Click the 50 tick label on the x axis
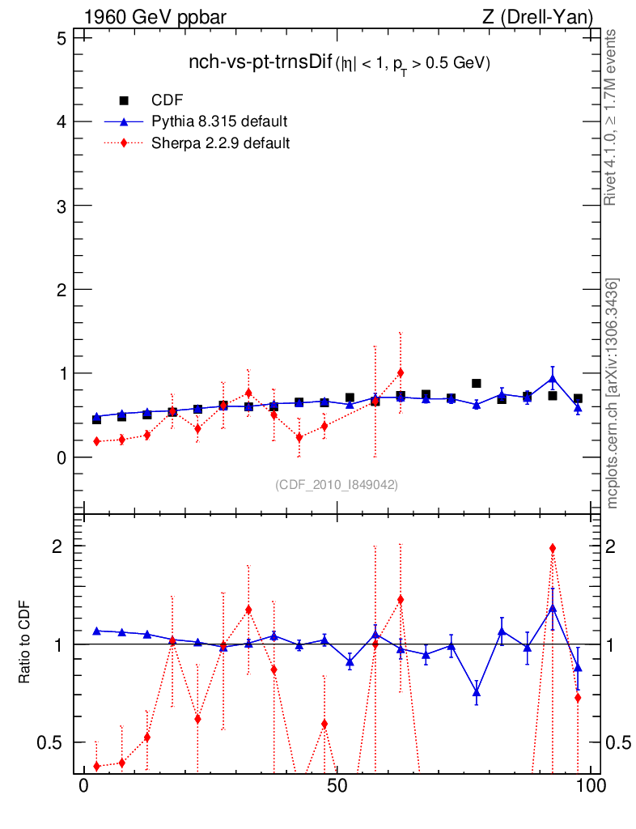[337, 786]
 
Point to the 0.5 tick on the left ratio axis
[49, 742]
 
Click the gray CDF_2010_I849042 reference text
[337, 484]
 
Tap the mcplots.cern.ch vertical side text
[613, 393]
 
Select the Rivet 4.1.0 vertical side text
[613, 117]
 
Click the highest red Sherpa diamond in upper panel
[401, 372]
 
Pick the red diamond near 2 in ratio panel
[553, 548]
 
